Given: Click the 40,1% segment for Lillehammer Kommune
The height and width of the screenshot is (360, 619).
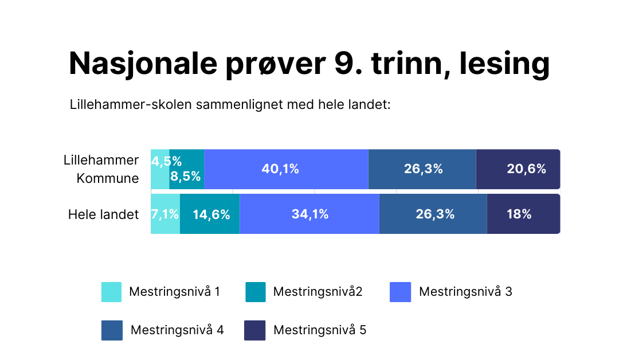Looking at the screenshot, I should (285, 169).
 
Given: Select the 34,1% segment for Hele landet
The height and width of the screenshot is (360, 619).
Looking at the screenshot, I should (309, 214).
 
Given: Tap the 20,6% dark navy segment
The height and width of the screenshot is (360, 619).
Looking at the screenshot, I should (518, 169).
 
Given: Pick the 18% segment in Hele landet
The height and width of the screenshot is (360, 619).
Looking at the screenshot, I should (523, 214).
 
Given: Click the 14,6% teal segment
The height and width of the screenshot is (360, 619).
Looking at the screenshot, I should (210, 214).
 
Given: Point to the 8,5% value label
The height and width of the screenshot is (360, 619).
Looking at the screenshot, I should (186, 176).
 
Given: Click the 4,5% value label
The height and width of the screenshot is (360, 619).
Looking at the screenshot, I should (166, 161).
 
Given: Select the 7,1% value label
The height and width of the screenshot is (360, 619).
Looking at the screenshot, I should (165, 214).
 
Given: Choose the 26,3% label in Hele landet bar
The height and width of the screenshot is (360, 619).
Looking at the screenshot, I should (435, 214).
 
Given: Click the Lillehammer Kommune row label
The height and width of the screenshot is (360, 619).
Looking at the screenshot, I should (101, 169).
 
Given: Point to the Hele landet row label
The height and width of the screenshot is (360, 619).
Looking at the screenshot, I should (104, 215).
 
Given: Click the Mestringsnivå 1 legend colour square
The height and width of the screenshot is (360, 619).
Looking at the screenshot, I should (111, 292).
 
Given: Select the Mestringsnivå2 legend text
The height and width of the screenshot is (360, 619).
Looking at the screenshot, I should (318, 292).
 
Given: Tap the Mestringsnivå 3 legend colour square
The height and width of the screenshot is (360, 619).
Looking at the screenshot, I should (400, 292).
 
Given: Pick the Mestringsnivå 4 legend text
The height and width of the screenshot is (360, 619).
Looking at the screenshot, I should (177, 330).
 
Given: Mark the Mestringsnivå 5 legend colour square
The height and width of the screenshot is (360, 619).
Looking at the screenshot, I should (255, 330).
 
